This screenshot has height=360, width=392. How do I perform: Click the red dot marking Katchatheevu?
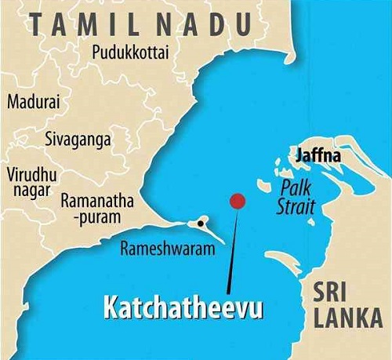pyautogui.click(x=238, y=201)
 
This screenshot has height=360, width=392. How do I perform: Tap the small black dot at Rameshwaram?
pyautogui.click(x=201, y=224)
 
